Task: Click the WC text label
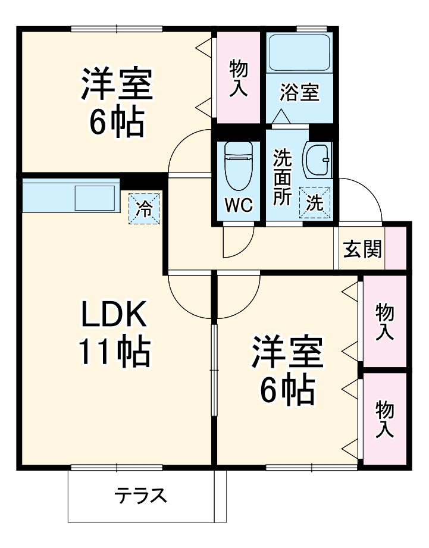239,205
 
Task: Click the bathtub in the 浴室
299,54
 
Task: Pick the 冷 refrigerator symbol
145,209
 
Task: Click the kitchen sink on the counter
95,197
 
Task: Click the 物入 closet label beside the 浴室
239,76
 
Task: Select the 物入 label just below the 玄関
384,321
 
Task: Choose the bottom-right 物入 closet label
384,419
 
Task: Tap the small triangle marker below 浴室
283,117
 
